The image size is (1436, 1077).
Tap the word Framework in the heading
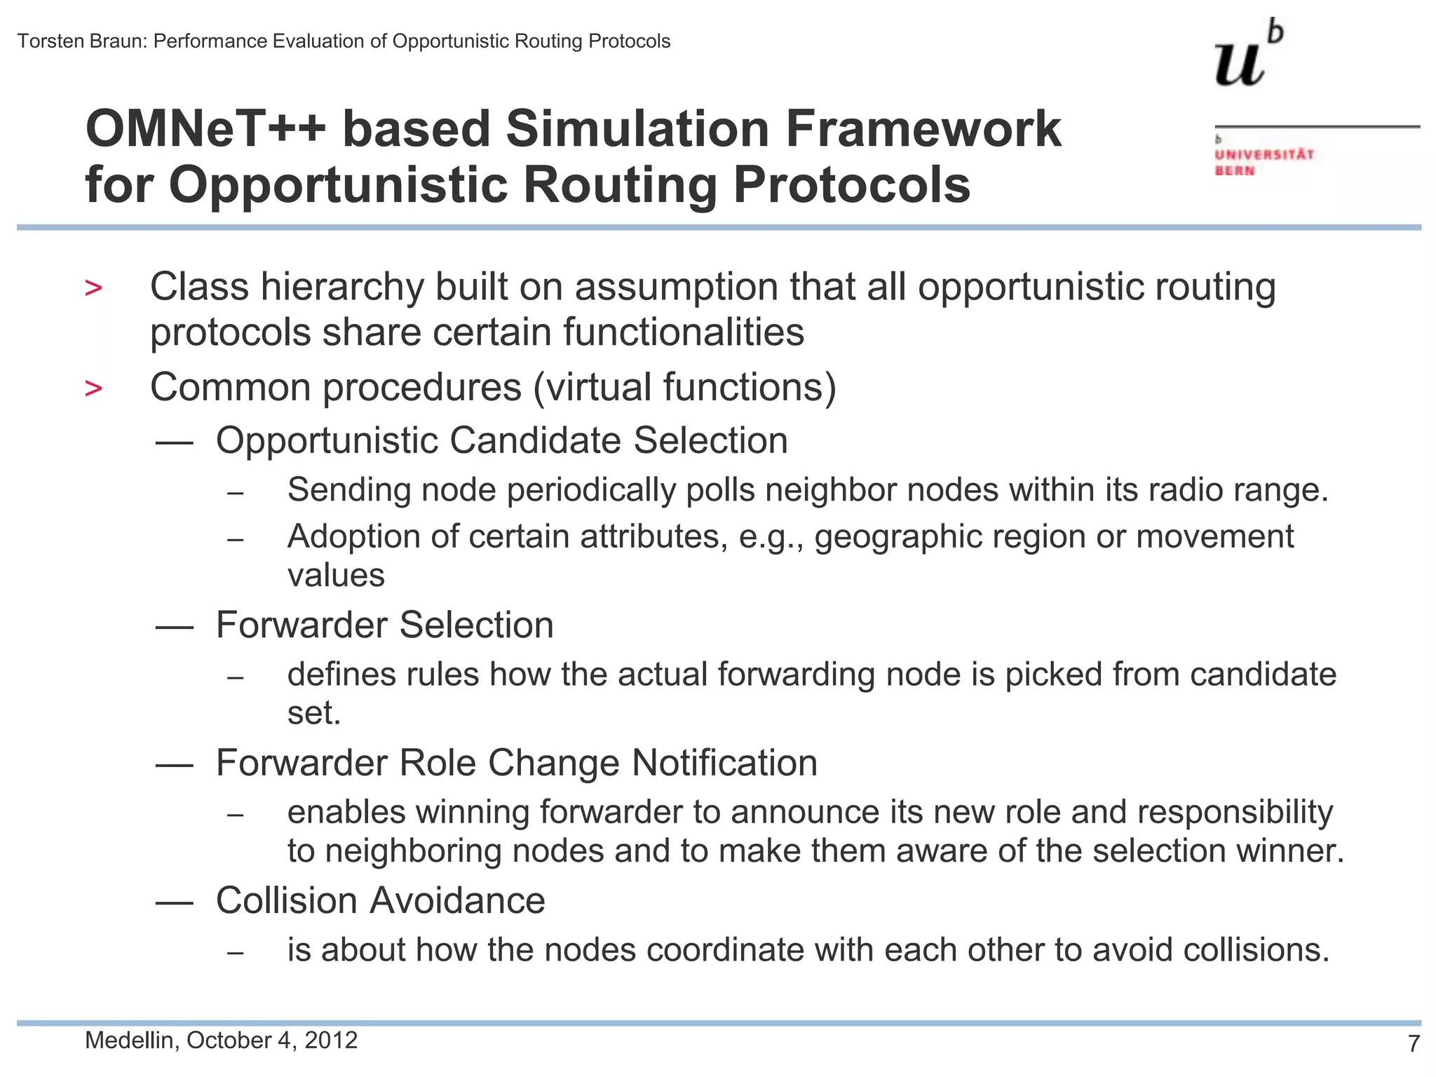tap(923, 130)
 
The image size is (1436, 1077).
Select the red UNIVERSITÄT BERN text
tap(1264, 162)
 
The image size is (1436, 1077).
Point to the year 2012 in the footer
tap(332, 1040)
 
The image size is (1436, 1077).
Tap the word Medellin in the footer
tap(130, 1040)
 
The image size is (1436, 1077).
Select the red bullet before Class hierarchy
tap(93, 288)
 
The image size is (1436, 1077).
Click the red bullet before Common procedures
tap(93, 388)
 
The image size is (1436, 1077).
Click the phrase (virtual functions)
tap(684, 387)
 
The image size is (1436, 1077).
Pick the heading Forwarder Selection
tap(384, 625)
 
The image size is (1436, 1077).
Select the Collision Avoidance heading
tap(380, 900)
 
